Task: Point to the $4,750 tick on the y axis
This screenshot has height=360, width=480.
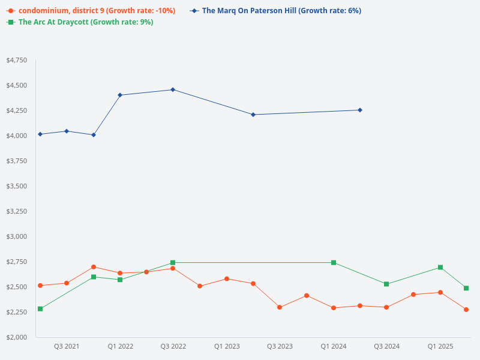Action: (x=16, y=61)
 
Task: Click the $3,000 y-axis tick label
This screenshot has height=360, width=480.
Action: (x=16, y=237)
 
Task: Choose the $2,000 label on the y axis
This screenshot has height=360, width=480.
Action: (x=16, y=338)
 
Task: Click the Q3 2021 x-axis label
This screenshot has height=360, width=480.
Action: (x=67, y=347)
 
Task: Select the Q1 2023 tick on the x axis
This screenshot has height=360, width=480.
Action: (x=227, y=347)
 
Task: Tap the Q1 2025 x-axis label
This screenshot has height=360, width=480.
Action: (x=440, y=347)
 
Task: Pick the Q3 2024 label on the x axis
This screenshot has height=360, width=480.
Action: (x=386, y=347)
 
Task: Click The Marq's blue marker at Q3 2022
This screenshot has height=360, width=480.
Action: (x=173, y=89)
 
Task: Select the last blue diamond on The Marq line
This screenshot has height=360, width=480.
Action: (x=360, y=110)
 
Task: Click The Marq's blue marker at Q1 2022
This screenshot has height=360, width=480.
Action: (x=120, y=95)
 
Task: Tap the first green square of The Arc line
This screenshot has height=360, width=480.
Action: (x=40, y=309)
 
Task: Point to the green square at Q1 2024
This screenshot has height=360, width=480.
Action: (x=334, y=263)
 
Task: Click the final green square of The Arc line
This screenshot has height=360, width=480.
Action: (x=466, y=288)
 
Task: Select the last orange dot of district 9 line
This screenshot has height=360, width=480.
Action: (x=466, y=310)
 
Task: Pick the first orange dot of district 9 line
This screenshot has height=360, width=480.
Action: (x=40, y=286)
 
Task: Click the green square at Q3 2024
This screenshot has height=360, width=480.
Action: (x=386, y=284)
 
